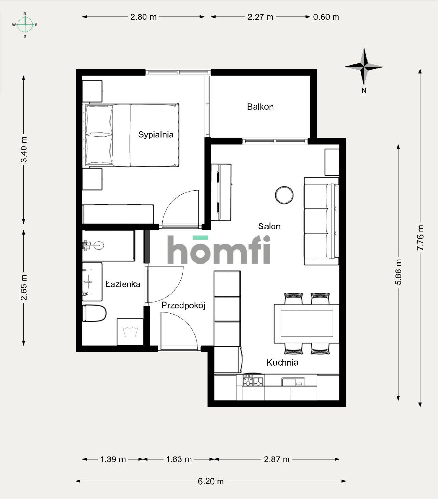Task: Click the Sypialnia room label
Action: click(156, 135)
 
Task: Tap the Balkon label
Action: click(260, 107)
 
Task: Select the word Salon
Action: click(269, 226)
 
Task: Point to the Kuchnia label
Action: click(282, 362)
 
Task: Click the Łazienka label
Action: click(123, 284)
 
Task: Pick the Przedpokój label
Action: click(183, 306)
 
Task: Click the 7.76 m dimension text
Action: click(420, 238)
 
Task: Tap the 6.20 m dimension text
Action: click(211, 481)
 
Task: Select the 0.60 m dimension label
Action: click(326, 17)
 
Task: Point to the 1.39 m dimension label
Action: click(113, 459)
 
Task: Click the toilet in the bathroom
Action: click(94, 313)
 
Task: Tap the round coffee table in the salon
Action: click(284, 195)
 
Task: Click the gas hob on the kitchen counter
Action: click(253, 380)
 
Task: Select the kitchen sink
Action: click(293, 381)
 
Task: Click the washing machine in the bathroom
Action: click(130, 332)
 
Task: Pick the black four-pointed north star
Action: click(364, 67)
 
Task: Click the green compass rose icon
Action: click(25, 25)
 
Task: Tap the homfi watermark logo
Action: click(219, 249)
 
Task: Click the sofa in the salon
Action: click(321, 221)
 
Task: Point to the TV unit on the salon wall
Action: click(221, 192)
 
